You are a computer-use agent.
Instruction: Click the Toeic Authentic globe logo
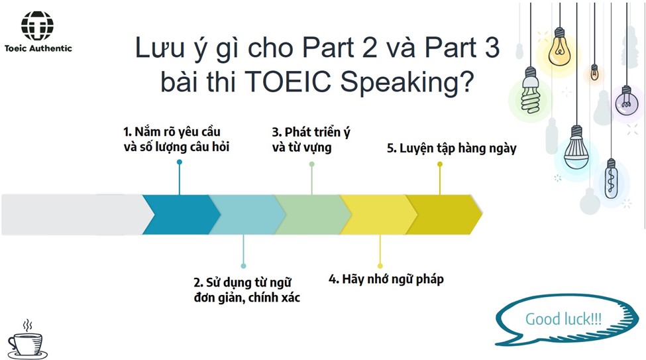37,26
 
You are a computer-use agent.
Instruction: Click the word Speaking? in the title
407,82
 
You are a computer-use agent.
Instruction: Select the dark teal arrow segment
182,214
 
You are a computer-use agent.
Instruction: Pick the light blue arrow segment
247,214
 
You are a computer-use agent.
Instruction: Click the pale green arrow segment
313,214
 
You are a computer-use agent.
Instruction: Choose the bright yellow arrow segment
379,214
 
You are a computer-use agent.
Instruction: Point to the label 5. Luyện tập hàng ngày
452,148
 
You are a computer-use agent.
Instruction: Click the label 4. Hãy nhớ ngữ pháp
386,279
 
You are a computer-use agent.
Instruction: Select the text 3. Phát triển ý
311,132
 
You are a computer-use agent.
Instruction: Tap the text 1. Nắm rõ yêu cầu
172,131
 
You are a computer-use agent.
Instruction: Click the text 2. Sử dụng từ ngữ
242,282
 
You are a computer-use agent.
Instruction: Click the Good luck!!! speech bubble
566,320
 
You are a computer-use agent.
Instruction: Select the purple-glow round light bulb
626,101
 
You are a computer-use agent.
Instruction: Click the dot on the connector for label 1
179,162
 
